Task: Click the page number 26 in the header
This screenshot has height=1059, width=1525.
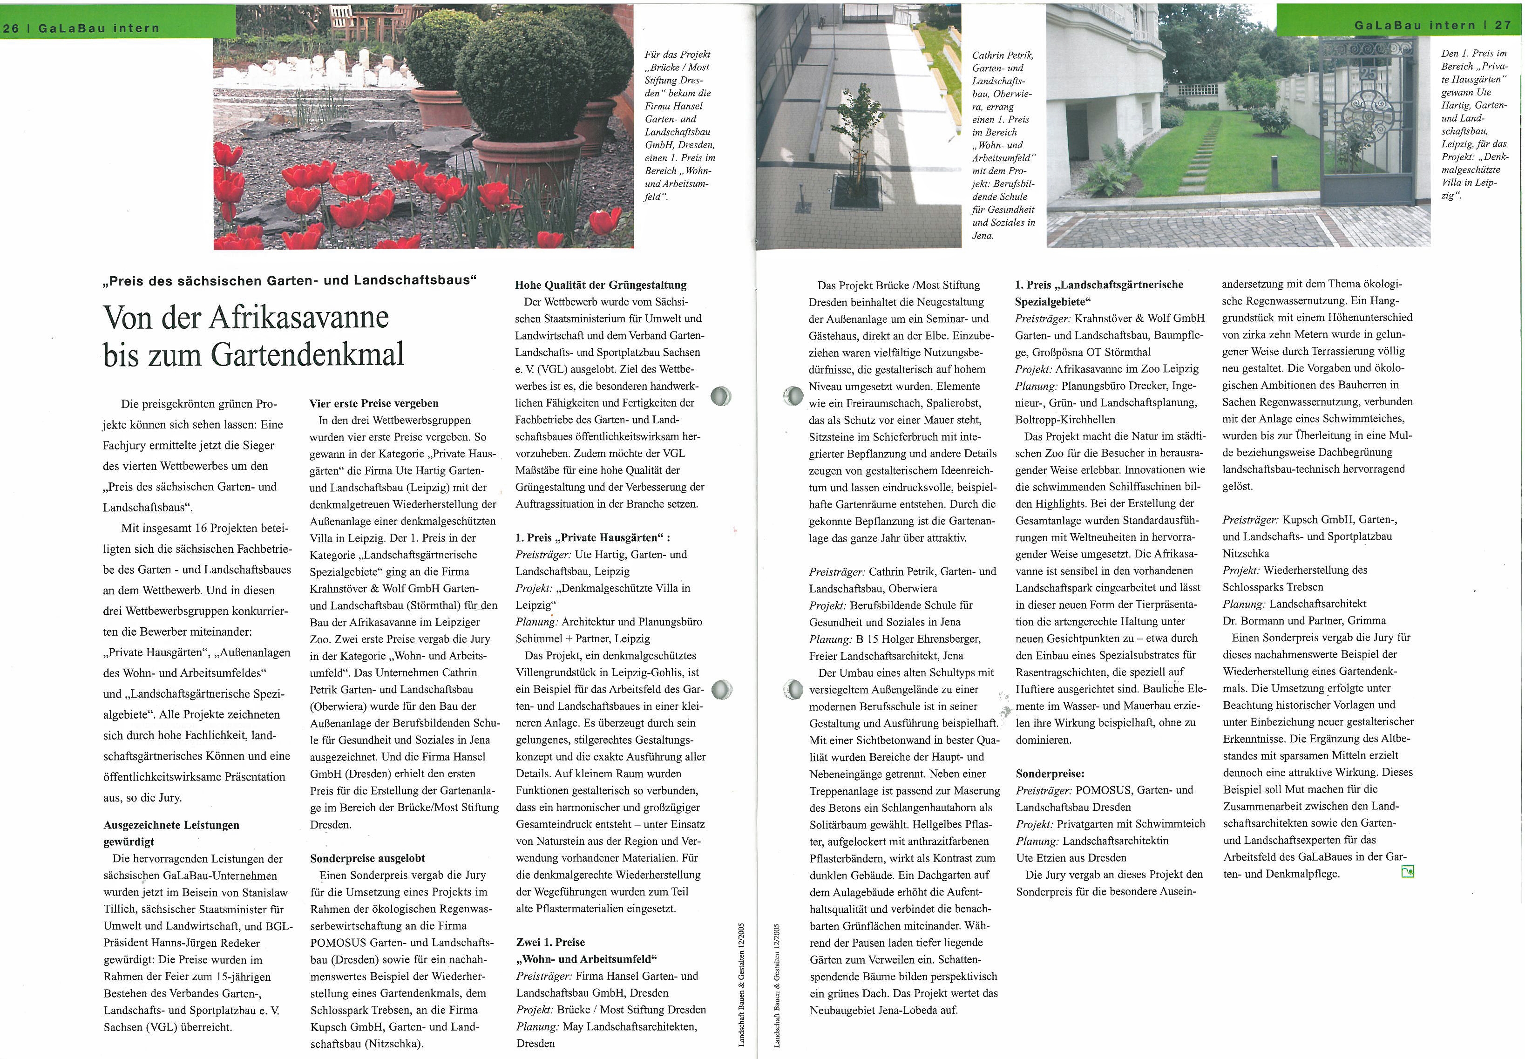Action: click(11, 28)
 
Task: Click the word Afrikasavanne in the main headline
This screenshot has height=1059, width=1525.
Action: click(298, 318)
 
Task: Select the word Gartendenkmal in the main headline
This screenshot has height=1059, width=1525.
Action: click(307, 355)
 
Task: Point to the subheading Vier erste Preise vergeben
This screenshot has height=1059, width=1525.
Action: click(374, 403)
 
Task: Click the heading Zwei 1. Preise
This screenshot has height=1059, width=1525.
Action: click(550, 942)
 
